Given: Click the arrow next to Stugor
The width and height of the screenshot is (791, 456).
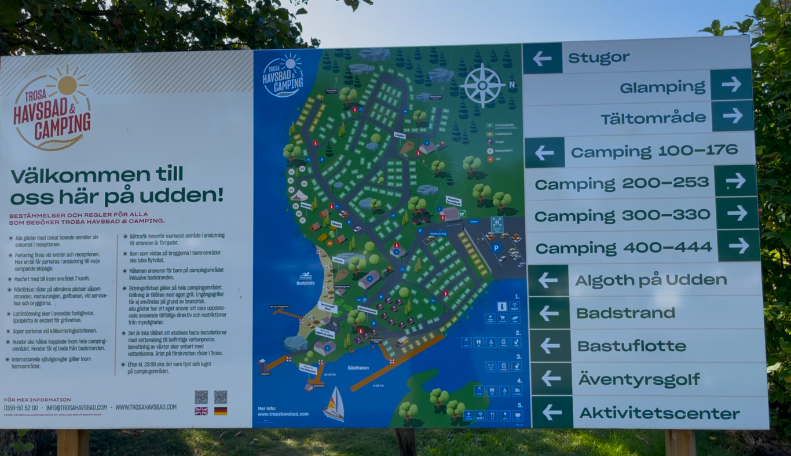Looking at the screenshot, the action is coord(543,58).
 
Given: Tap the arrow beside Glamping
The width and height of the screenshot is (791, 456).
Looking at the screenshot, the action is coord(731,85).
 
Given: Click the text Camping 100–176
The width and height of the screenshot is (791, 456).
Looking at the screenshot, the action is coord(654,151).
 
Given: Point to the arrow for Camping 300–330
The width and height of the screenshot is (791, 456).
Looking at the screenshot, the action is coord(737,213).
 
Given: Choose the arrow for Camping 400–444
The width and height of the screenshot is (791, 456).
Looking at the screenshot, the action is coord(739,246).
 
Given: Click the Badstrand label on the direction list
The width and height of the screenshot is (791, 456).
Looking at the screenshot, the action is coord(625,313).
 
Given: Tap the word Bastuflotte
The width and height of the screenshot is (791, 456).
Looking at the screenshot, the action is coord(631,346).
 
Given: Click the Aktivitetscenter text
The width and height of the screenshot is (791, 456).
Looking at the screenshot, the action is coord(659,414).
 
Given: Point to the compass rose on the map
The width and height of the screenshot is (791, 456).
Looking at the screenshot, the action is coord(483,85).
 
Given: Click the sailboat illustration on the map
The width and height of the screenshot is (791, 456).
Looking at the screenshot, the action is coord(334,404).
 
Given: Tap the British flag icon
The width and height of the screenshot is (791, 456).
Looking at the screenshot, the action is coord(201,411).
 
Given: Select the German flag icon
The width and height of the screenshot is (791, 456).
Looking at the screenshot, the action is coord(221,411).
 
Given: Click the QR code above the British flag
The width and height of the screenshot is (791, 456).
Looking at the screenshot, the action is coord(201,397).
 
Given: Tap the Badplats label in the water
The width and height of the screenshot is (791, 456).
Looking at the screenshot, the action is coord(305,283).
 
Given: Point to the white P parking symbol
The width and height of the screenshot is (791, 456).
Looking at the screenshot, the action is coord(496,247).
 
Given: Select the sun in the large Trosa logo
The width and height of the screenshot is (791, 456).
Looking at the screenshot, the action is coord(67,85).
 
